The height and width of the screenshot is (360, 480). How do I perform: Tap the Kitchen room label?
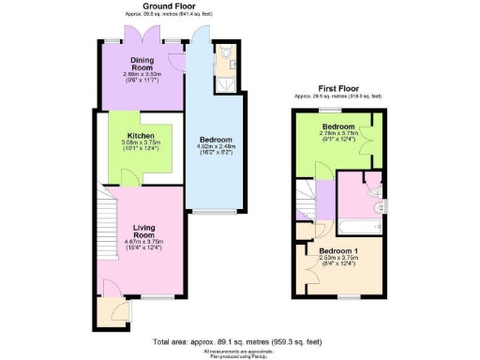pyautogui.click(x=141, y=136)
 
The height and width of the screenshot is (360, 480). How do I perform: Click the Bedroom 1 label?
pyautogui.click(x=338, y=252)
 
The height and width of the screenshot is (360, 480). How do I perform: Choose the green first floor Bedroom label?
pyautogui.click(x=337, y=126)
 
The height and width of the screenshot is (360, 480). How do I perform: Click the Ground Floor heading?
pyautogui.click(x=160, y=6)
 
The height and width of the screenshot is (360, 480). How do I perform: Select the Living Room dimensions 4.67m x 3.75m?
pyautogui.click(x=143, y=241)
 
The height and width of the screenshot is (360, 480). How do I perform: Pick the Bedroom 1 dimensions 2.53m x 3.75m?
pyautogui.click(x=338, y=261)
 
